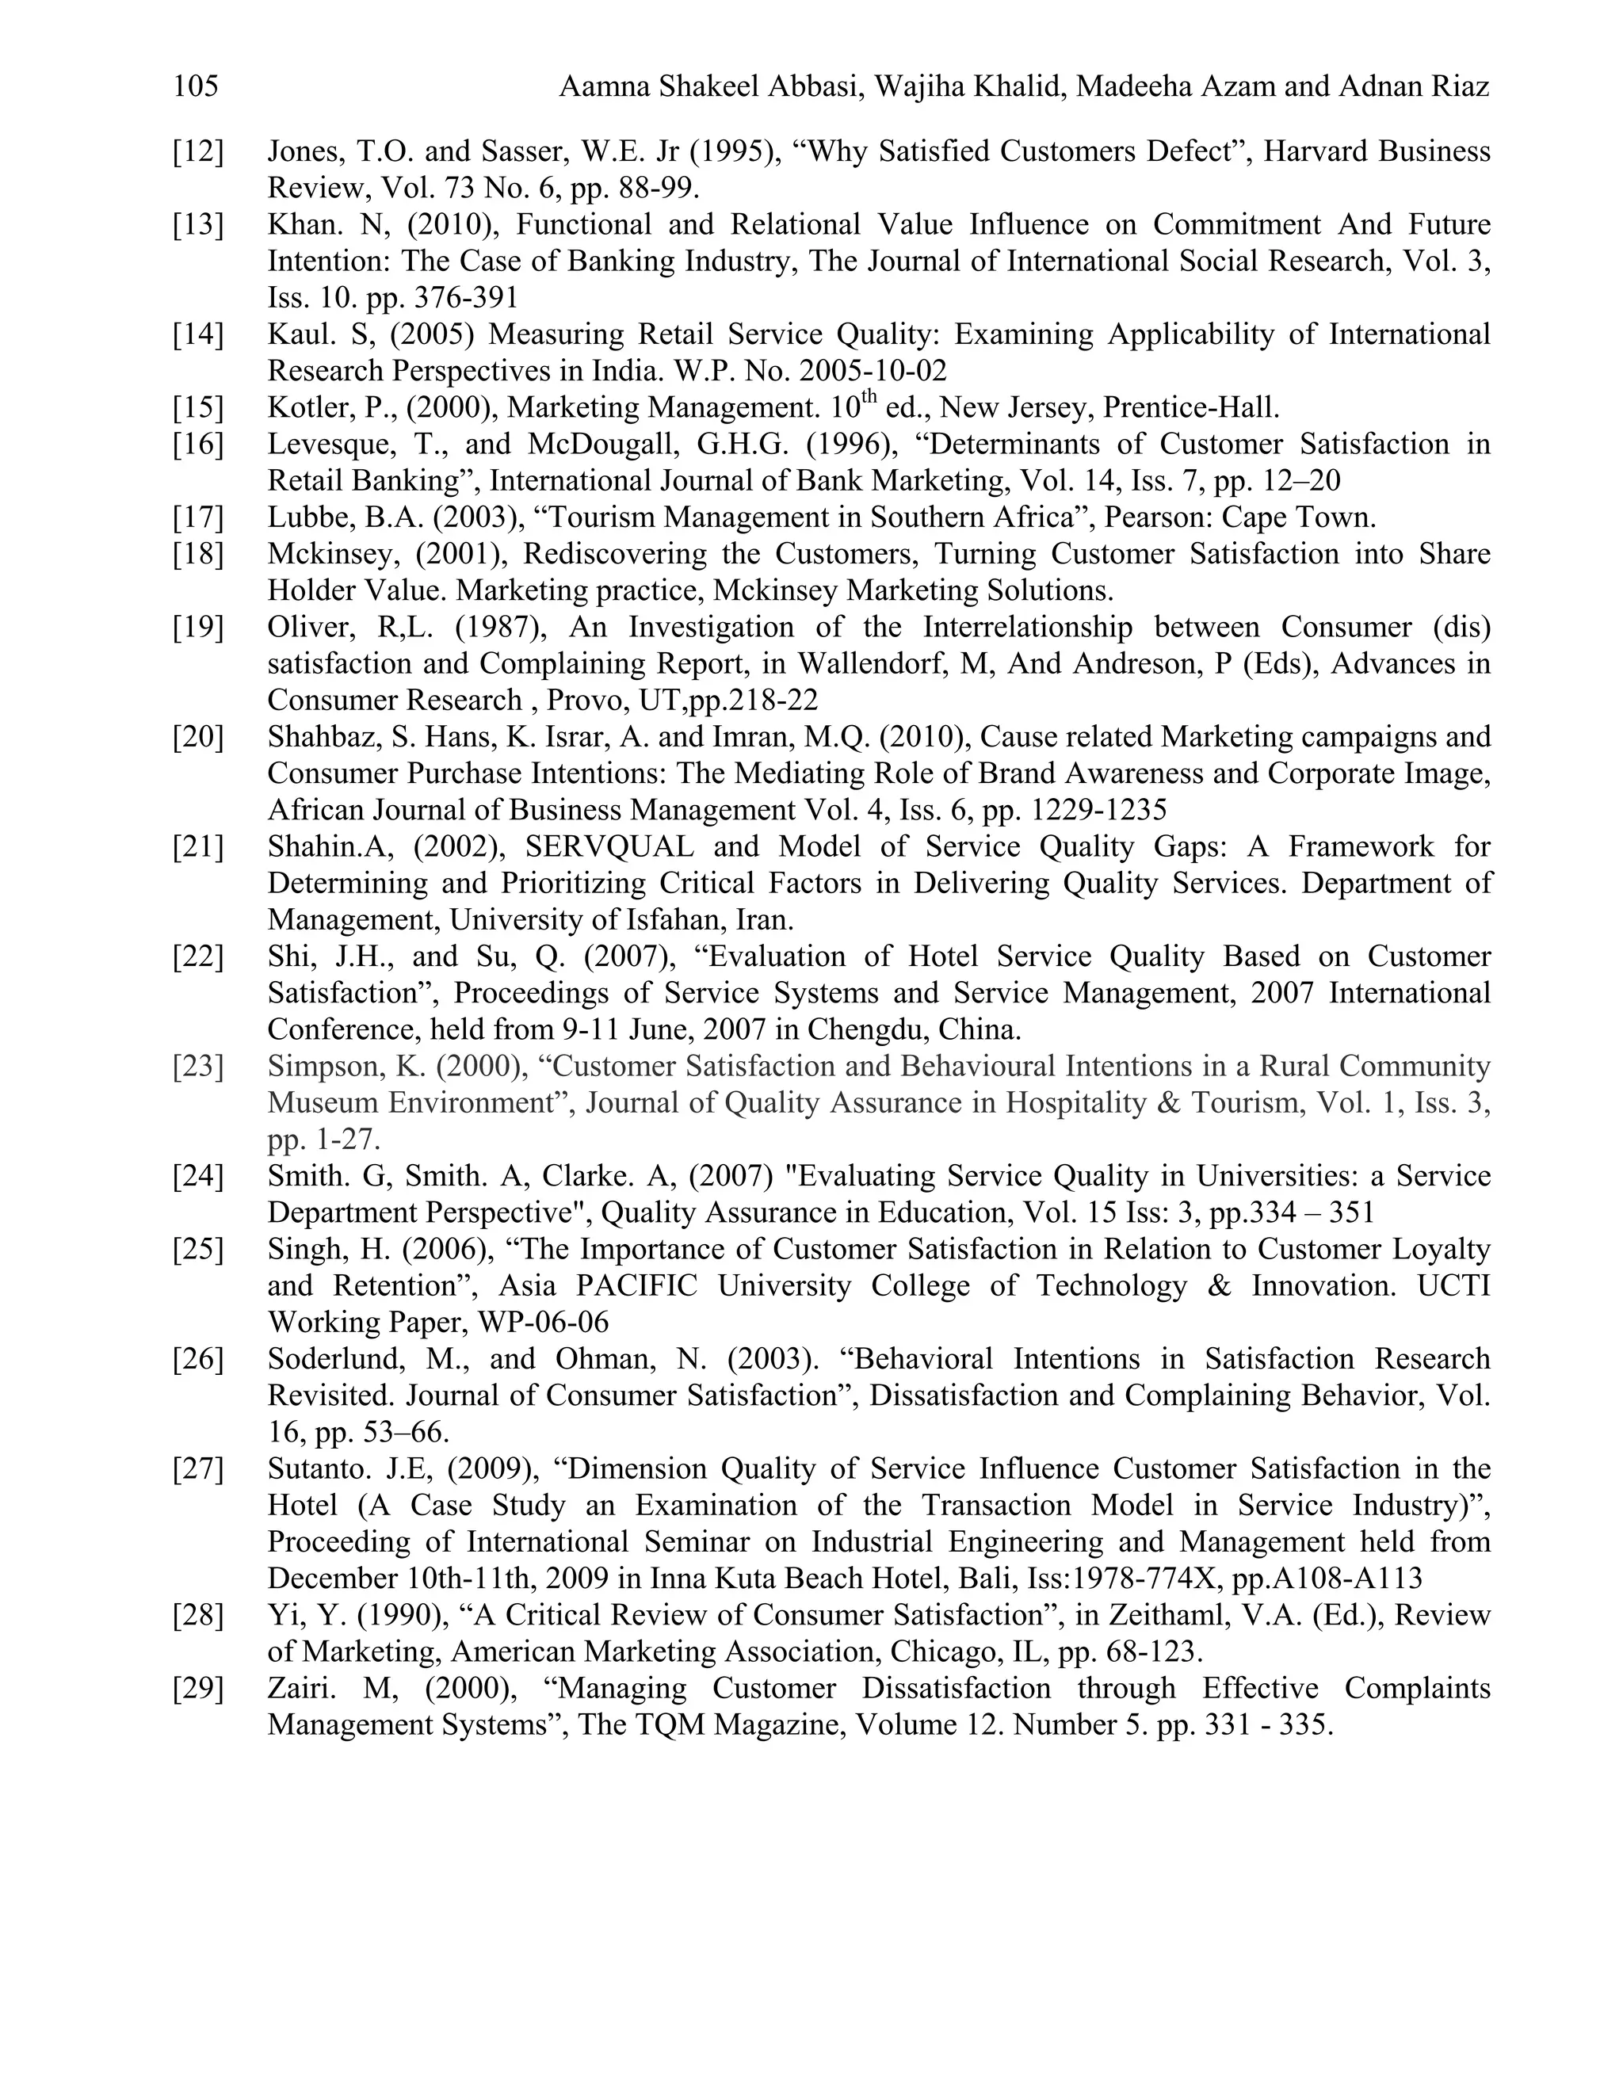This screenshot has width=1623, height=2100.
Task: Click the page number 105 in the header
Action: [197, 87]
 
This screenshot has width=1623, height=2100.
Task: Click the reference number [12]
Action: [197, 152]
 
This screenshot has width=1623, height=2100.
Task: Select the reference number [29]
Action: [197, 1689]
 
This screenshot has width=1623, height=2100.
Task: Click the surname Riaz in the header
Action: [1457, 87]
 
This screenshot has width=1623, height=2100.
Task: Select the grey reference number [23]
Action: [197, 1067]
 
